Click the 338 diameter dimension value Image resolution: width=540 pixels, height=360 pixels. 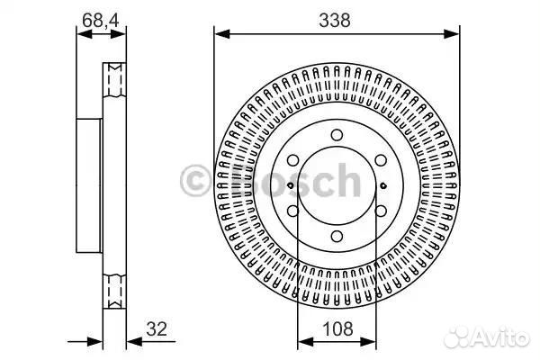coord(335,21)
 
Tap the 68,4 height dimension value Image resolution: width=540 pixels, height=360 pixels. coord(101,21)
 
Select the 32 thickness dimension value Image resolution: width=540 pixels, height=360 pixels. coord(157,328)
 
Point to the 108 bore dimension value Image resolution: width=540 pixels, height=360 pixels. coord(337,328)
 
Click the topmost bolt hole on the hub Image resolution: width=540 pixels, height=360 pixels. coord(337,135)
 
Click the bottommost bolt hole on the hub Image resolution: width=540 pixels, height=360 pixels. coord(337,237)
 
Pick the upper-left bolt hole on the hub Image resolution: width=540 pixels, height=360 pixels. coord(292,160)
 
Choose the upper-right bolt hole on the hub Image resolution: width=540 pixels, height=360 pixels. coord(381,160)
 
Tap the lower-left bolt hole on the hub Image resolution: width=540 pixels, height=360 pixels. coord(292,211)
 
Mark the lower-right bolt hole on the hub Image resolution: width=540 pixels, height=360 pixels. coord(381,211)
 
